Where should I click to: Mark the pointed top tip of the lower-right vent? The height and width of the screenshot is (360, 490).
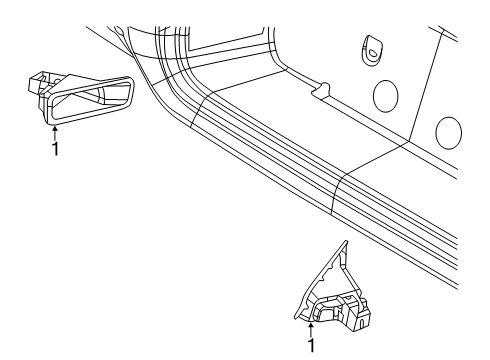345,243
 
